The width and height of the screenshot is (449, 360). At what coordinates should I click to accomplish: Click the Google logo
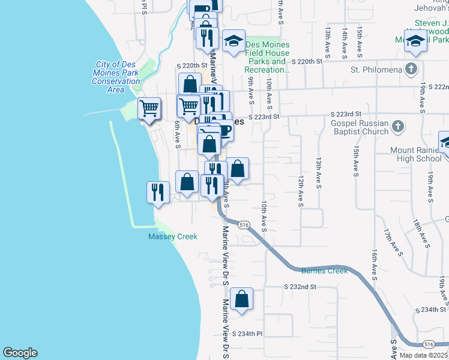pos(20,353)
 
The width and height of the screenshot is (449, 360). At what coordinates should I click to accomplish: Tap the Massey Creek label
pos(173,236)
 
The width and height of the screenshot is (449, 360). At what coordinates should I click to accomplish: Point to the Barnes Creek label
pos(325,271)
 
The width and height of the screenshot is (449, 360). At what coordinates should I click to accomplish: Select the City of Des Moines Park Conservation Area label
pos(116,77)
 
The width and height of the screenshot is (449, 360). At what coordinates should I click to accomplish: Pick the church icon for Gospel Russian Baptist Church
pos(397,127)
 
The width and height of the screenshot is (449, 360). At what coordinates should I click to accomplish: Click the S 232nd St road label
pos(300,287)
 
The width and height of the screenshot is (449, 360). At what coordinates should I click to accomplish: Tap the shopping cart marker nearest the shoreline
pos(149,109)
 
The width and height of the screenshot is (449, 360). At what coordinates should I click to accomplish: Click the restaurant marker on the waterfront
pos(158,192)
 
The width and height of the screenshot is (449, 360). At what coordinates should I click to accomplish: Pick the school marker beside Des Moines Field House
pos(234,41)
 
